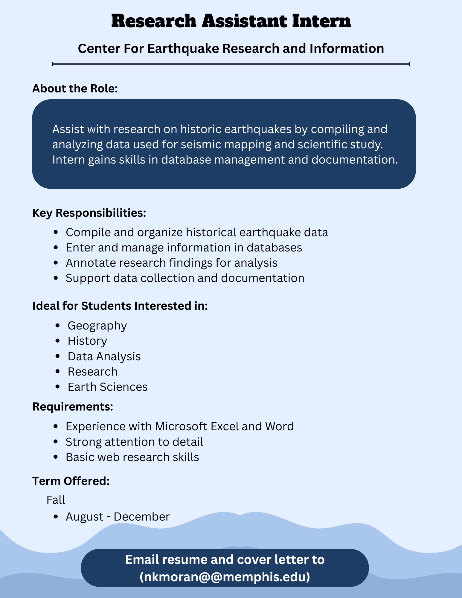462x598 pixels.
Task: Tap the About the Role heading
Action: coord(75,89)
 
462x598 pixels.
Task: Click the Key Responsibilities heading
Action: coord(89,213)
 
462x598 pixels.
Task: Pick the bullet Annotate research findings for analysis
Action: coord(171,263)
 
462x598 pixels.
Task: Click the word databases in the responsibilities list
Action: coord(274,248)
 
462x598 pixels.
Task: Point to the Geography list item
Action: coord(97,326)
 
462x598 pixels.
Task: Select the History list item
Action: coord(87,341)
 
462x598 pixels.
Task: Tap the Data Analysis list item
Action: coord(104,356)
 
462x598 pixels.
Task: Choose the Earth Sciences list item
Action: coord(108,387)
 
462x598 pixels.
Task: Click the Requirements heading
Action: coord(73,407)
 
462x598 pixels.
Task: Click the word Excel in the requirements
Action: coord(225,426)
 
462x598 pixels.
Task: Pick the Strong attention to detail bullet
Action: coord(134,442)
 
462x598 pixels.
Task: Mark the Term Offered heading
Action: coord(71,481)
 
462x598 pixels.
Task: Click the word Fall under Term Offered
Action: coord(56,500)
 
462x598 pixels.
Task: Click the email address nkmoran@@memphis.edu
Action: coord(225,577)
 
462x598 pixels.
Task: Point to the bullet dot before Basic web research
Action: coord(55,457)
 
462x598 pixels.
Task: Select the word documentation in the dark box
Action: coord(354,160)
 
